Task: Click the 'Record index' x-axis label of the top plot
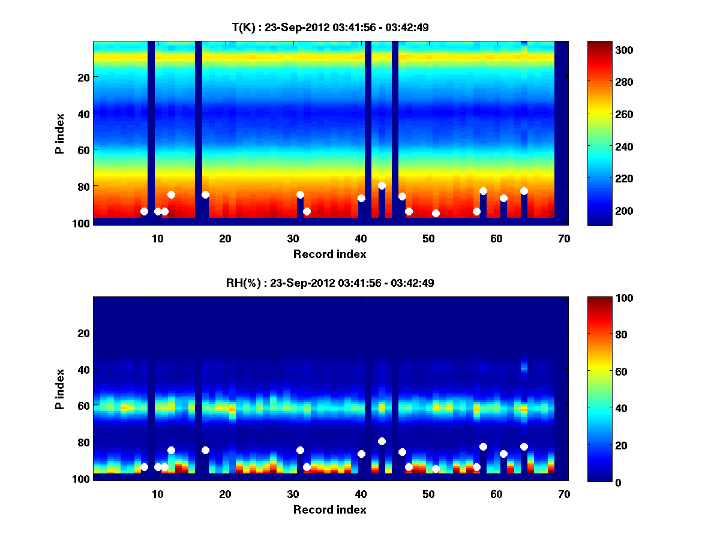point(329,254)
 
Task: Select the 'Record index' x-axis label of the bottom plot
point(329,509)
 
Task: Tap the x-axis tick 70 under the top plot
point(564,238)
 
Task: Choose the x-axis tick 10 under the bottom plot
point(157,494)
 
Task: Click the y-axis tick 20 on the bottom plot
point(83,333)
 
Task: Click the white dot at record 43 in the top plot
point(382,185)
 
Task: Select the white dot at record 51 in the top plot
point(436,213)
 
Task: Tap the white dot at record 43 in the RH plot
point(382,441)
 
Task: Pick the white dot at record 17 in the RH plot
point(205,450)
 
